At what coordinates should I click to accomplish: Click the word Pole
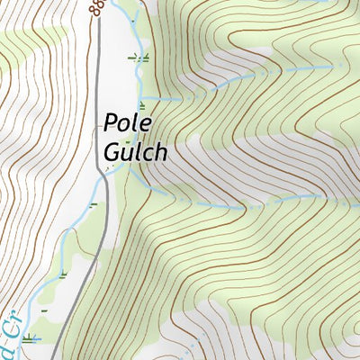click(x=125, y=122)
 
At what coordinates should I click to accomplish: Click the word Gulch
click(x=135, y=151)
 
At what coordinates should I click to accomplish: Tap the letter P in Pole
click(x=112, y=122)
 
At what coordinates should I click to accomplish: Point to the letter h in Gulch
click(x=160, y=151)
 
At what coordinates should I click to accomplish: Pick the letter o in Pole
click(x=125, y=124)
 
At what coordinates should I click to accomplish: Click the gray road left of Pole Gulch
click(x=98, y=90)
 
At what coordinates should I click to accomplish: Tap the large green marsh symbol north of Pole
click(x=139, y=58)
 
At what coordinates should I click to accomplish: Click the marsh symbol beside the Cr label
click(x=33, y=338)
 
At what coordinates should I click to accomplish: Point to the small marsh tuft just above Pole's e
click(x=141, y=105)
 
